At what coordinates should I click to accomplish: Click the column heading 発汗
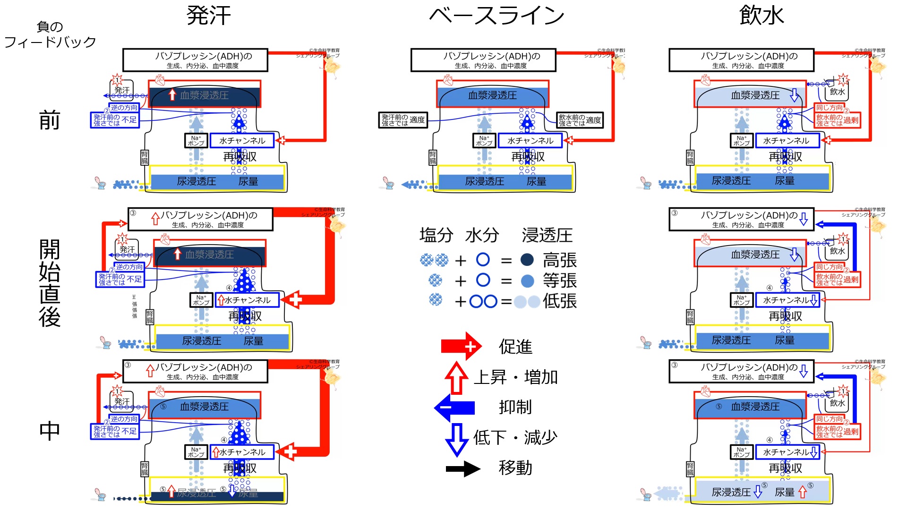(208, 16)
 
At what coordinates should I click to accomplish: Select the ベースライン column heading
(496, 16)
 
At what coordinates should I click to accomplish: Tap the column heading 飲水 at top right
(761, 16)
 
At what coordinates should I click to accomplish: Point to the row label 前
(49, 120)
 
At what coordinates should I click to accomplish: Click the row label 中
(49, 431)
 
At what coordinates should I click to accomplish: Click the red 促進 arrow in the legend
(461, 346)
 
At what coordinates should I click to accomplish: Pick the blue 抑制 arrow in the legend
(454, 407)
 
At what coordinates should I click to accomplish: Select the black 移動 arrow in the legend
(463, 468)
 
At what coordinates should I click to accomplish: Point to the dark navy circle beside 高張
(527, 260)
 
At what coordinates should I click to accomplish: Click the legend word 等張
(560, 281)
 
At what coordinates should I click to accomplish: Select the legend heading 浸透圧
(547, 235)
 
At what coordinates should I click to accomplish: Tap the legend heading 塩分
(436, 235)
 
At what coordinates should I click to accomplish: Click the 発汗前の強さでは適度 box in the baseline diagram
(403, 120)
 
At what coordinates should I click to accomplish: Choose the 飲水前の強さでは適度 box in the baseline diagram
(580, 120)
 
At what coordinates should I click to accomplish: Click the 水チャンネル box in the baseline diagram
(530, 141)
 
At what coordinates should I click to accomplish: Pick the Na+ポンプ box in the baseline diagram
(484, 141)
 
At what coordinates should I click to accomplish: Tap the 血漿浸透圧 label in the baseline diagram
(492, 95)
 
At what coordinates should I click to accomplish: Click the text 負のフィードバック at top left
(50, 34)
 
